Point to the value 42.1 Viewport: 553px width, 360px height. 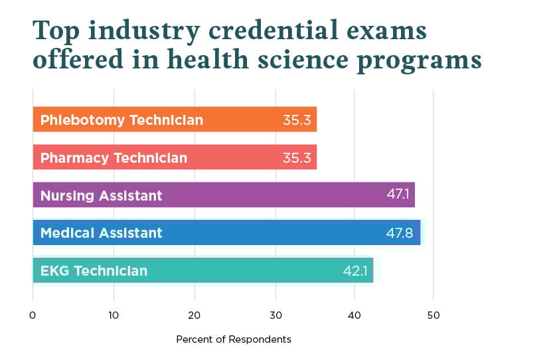[355, 271]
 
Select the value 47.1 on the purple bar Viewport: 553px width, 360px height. [400, 195]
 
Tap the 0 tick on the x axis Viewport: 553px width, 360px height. [33, 314]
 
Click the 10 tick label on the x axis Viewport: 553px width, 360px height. [114, 314]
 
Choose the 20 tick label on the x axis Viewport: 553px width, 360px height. [194, 314]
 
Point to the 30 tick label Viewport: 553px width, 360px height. [274, 314]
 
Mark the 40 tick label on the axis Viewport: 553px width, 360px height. [355, 314]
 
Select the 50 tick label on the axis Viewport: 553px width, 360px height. [434, 314]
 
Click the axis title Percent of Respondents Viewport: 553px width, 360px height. [234, 339]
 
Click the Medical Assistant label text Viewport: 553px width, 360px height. [101, 233]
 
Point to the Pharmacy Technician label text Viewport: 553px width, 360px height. [114, 158]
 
